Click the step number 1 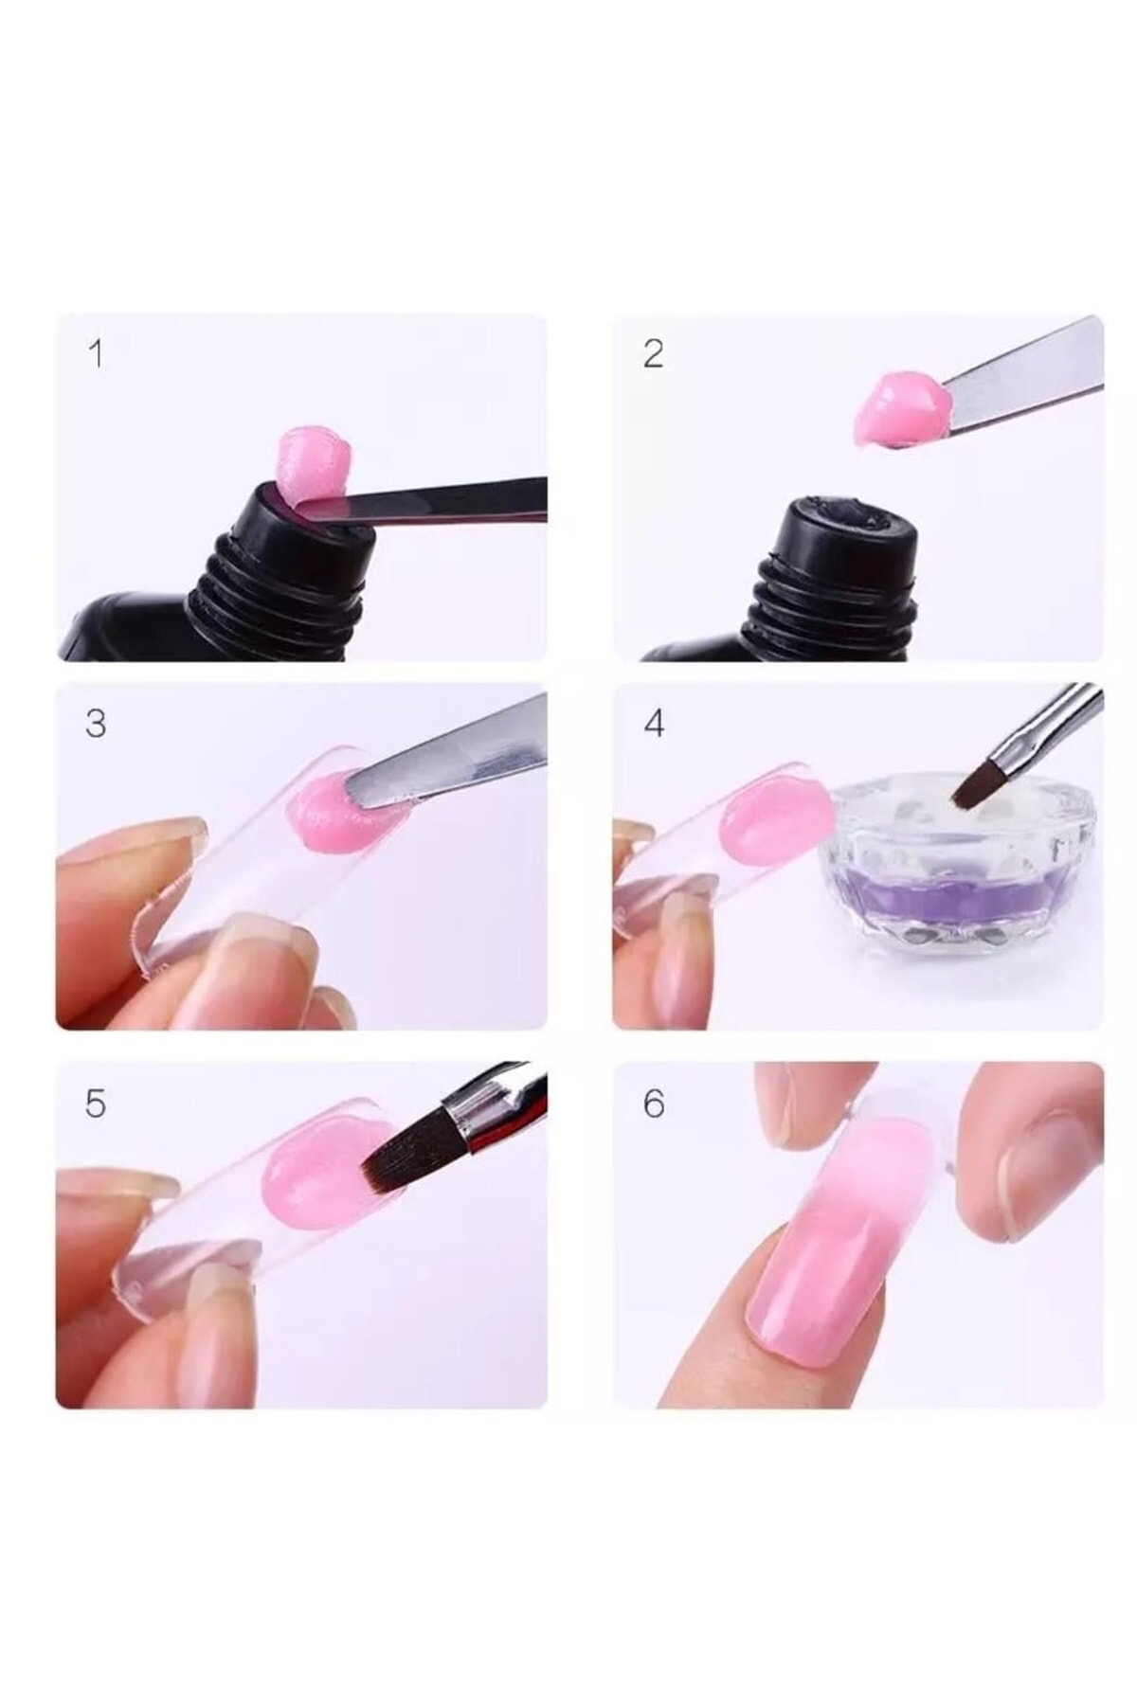[x=95, y=354]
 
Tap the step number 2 [x=653, y=354]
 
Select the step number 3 [x=96, y=724]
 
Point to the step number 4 [x=654, y=724]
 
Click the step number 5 [x=96, y=1104]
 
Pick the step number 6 [x=654, y=1104]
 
